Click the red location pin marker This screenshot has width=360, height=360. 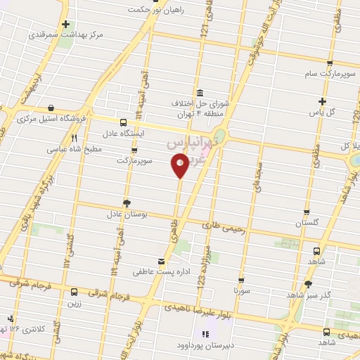179,166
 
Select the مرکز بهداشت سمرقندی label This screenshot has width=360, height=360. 66,34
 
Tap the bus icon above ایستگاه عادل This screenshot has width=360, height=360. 124,121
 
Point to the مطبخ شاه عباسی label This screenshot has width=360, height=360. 75,149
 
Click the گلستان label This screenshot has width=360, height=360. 307,222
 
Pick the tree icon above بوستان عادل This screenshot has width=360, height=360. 127,202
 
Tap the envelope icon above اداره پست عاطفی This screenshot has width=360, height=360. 162,262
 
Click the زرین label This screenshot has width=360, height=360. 74,304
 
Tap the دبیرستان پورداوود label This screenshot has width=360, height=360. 207,345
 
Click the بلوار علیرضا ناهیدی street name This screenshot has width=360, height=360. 195,307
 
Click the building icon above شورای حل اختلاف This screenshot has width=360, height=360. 200,93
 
